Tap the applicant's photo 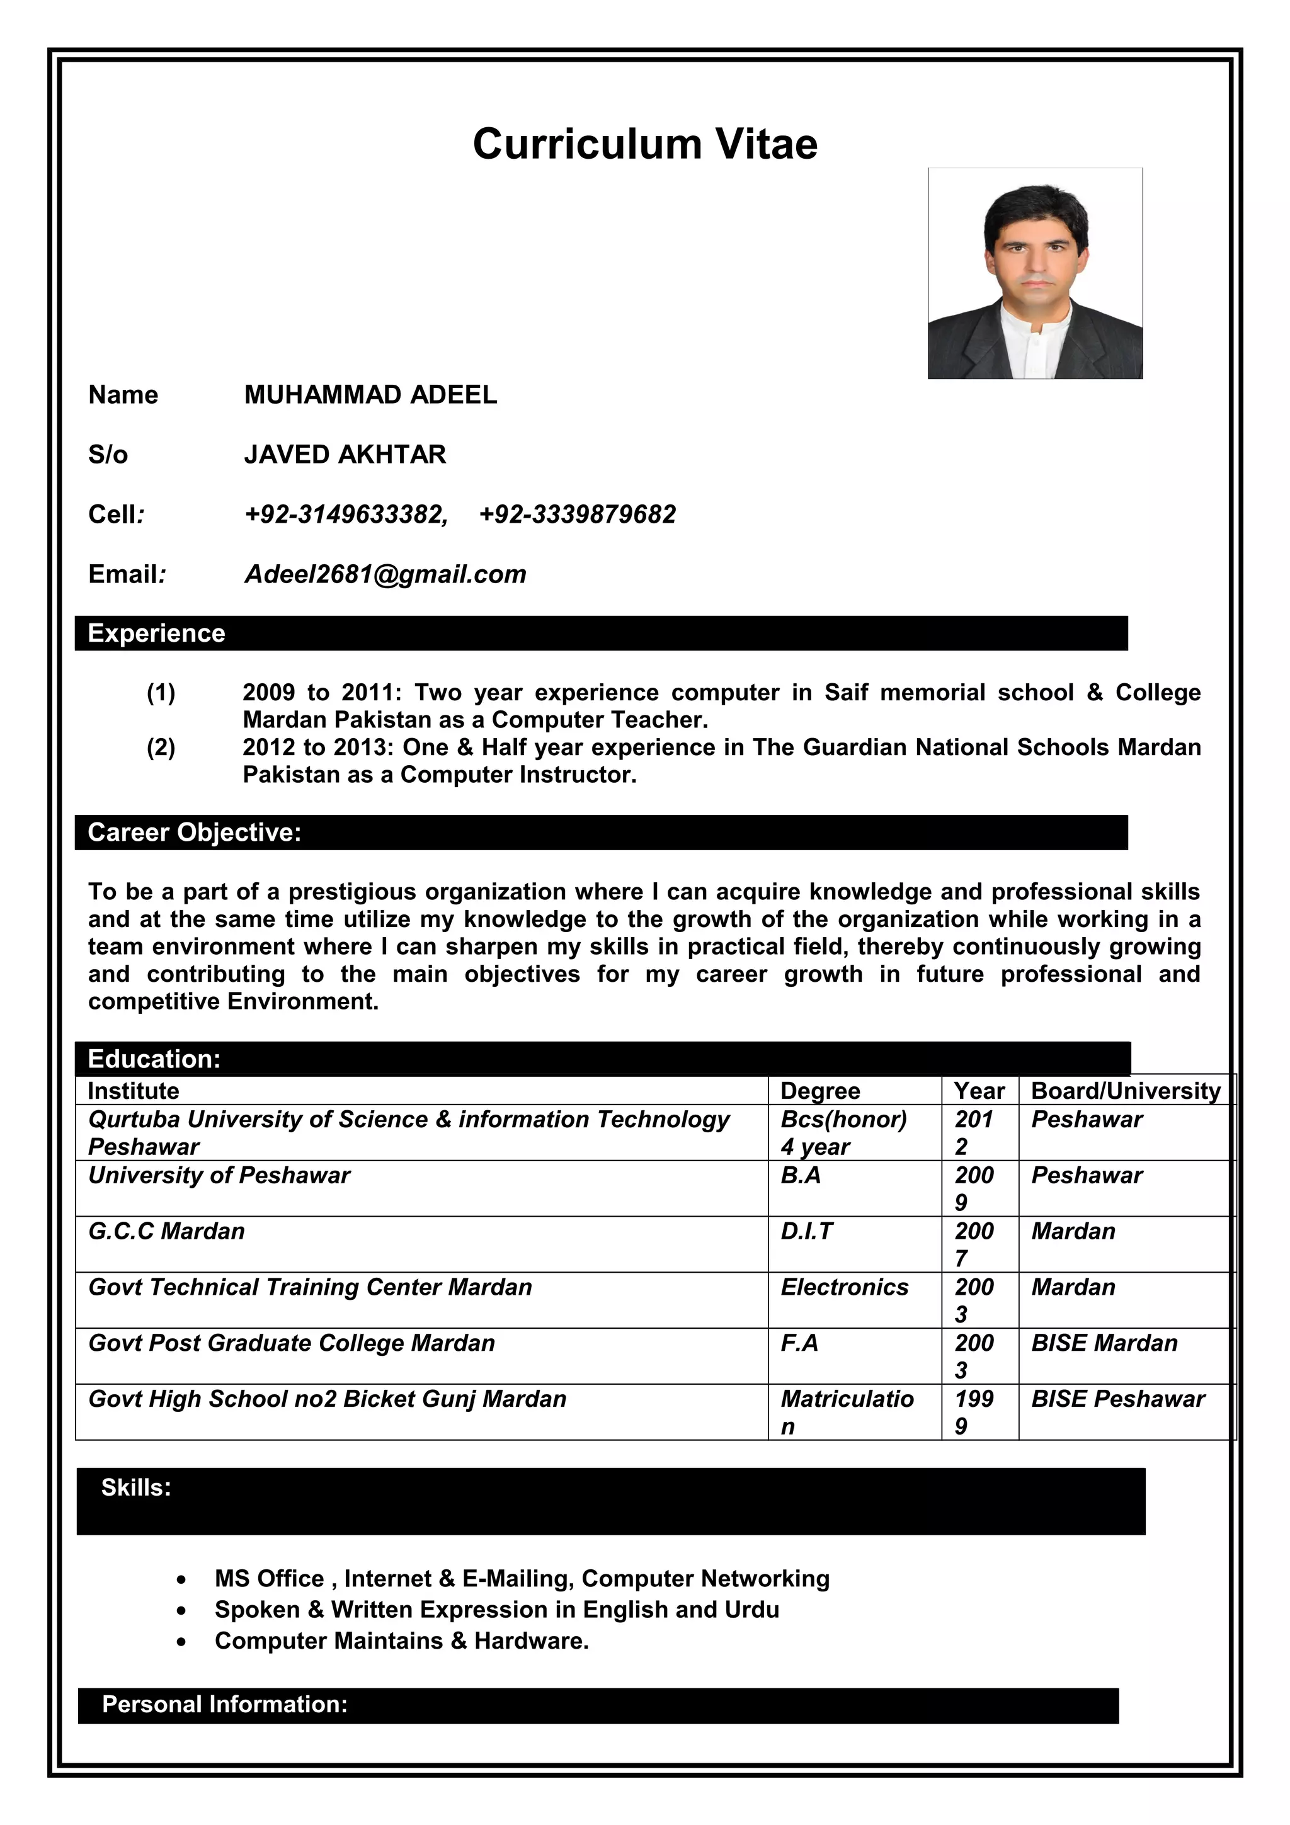[1035, 273]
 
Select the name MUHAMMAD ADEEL [370, 394]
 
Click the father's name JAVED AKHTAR [345, 454]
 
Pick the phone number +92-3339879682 [577, 515]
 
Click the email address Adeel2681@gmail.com [385, 574]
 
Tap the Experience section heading [157, 634]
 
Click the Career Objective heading [195, 833]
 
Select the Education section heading [154, 1059]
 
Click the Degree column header [820, 1091]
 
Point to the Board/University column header [1125, 1091]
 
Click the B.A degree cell [801, 1176]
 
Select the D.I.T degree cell [806, 1231]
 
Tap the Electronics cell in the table [844, 1287]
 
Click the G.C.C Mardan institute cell [166, 1231]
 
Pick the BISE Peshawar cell [1117, 1399]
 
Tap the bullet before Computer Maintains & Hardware [182, 1641]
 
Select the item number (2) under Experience [161, 747]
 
